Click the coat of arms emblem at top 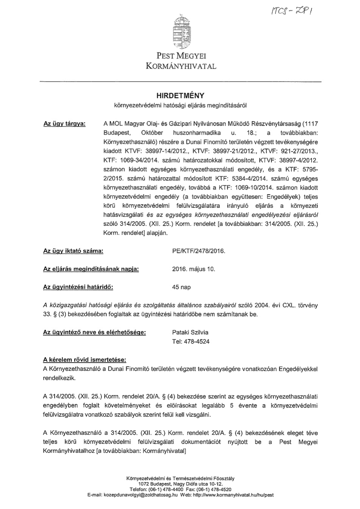pos(181,33)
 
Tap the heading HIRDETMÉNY pos(180,96)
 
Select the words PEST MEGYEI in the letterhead pos(181,56)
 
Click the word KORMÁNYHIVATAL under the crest pos(181,66)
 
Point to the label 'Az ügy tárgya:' pos(64,124)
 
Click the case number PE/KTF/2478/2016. pos(198,251)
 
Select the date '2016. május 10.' pos(193,269)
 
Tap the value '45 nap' pos(181,287)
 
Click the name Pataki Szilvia pos(190,332)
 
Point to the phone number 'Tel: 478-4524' pos(191,341)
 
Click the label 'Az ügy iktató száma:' pos(73,251)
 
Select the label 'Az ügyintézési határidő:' pos(78,287)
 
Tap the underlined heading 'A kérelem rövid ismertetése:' pos(85,360)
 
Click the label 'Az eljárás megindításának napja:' pos(91,269)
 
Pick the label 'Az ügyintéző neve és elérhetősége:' pos(95,332)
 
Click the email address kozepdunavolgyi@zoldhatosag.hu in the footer pos(140,495)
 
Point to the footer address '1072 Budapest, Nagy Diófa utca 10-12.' pos(180,484)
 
